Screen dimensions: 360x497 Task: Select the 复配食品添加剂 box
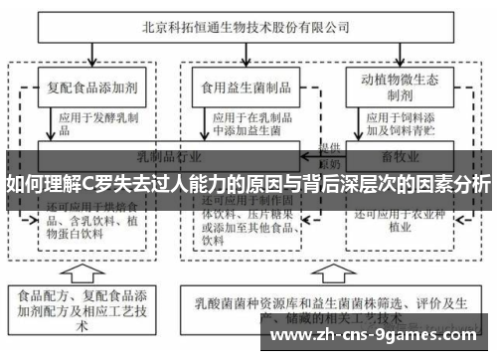(x=90, y=87)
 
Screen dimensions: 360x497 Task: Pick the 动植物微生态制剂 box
(x=393, y=87)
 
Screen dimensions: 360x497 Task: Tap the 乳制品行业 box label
(x=169, y=156)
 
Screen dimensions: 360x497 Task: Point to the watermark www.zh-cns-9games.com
(x=379, y=336)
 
